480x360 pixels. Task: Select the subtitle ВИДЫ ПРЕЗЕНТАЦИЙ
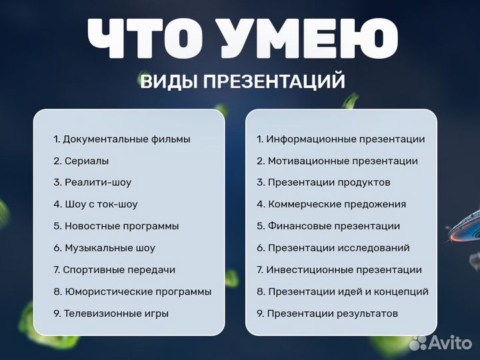click(x=243, y=82)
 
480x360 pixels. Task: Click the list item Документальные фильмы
click(x=122, y=139)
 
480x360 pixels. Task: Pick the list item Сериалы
click(x=81, y=161)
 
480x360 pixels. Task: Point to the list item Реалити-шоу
click(x=93, y=182)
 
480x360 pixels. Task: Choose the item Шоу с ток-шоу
click(x=95, y=204)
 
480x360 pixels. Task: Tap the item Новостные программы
click(x=116, y=226)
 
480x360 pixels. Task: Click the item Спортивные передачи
click(x=114, y=270)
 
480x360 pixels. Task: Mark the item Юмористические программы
click(x=132, y=291)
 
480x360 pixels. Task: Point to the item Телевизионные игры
click(x=111, y=313)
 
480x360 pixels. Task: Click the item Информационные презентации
click(x=341, y=139)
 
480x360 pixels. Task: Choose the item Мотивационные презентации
click(x=337, y=161)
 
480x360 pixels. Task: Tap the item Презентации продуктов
click(x=323, y=182)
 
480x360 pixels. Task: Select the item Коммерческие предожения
click(x=331, y=204)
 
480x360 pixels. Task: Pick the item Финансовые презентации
click(x=328, y=226)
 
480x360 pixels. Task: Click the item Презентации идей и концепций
click(x=343, y=291)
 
